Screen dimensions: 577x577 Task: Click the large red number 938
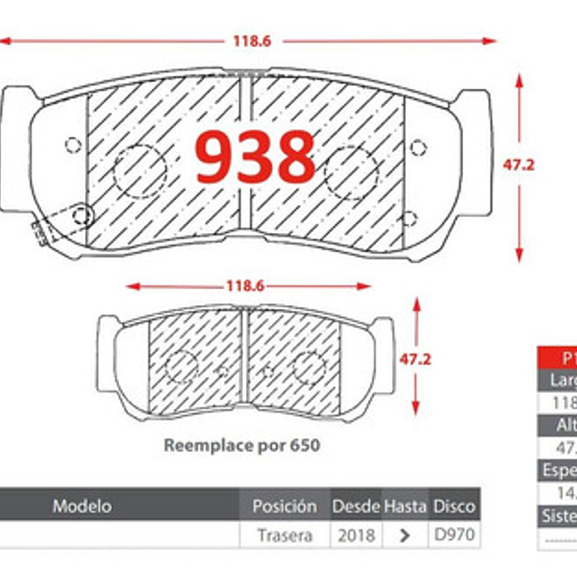tap(255, 157)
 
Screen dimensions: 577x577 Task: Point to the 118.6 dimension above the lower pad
tap(244, 286)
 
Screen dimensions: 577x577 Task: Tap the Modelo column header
tap(82, 506)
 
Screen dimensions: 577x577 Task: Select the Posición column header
tap(285, 506)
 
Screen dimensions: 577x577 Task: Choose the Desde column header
tap(355, 506)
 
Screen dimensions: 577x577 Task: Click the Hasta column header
tap(405, 506)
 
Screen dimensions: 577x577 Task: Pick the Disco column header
tap(454, 506)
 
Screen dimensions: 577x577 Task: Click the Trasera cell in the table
tap(285, 535)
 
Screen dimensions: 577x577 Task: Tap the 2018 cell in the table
tap(355, 535)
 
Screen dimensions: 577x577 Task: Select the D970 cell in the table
tap(454, 535)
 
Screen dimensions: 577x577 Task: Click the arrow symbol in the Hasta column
tap(405, 535)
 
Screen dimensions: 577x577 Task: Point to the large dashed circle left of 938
tap(140, 171)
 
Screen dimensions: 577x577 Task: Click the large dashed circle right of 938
tap(351, 172)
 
